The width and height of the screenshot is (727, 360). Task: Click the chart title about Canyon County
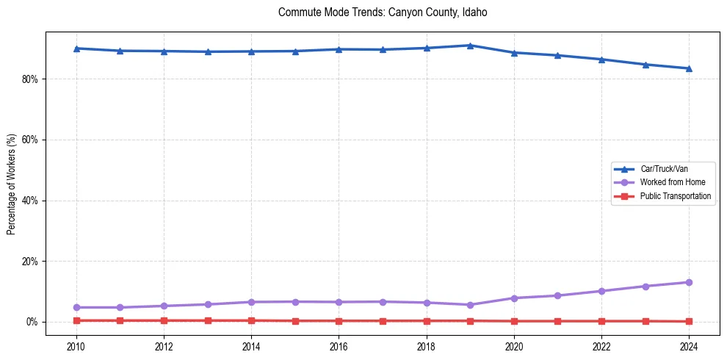(x=383, y=12)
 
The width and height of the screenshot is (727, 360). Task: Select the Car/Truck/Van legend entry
(x=664, y=169)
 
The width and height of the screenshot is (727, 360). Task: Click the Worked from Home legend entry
(x=672, y=182)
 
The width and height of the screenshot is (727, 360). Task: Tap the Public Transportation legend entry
(x=675, y=196)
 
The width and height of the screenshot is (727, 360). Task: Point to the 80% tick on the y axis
(x=30, y=79)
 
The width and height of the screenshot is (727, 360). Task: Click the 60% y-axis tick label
(x=30, y=140)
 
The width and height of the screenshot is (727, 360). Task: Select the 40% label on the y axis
(x=30, y=201)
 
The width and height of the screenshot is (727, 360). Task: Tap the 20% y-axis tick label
(x=30, y=262)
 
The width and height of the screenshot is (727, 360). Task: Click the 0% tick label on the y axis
(x=32, y=322)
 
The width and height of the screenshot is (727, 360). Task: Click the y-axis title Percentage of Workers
(x=12, y=184)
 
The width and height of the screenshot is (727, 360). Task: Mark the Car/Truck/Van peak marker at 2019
(x=470, y=46)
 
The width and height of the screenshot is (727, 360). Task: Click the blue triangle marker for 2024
(x=689, y=68)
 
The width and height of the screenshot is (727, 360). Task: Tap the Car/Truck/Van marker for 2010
(x=76, y=48)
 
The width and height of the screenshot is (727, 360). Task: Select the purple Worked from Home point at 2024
(x=689, y=282)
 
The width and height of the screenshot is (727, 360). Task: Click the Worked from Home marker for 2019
(x=470, y=305)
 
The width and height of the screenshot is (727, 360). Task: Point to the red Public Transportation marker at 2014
(x=251, y=320)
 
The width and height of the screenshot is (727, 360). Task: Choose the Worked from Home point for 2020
(x=514, y=298)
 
